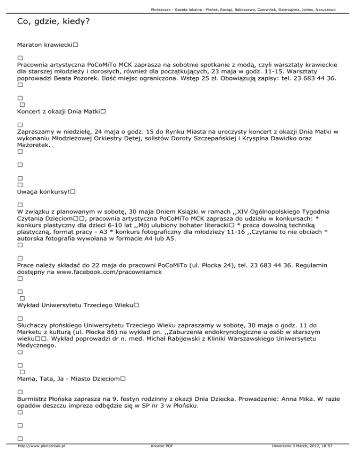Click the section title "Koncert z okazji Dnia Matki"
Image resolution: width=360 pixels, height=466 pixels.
click(59, 112)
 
